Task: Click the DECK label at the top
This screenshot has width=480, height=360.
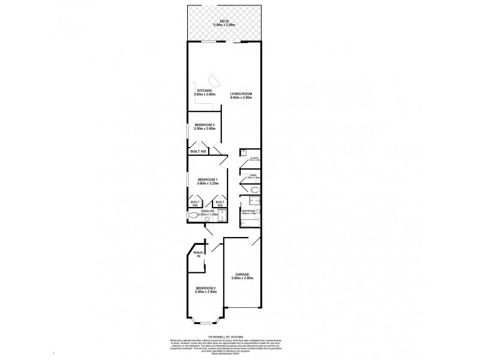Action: [224, 20]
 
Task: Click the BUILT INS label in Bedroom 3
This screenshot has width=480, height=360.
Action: [197, 151]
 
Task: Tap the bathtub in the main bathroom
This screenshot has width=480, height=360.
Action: [250, 224]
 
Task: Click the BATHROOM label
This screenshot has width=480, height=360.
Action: [249, 211]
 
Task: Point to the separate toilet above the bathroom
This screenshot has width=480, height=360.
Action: [254, 191]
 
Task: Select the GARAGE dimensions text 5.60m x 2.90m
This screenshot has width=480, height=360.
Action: [242, 278]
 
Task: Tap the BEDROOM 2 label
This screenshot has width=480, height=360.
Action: [205, 289]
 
